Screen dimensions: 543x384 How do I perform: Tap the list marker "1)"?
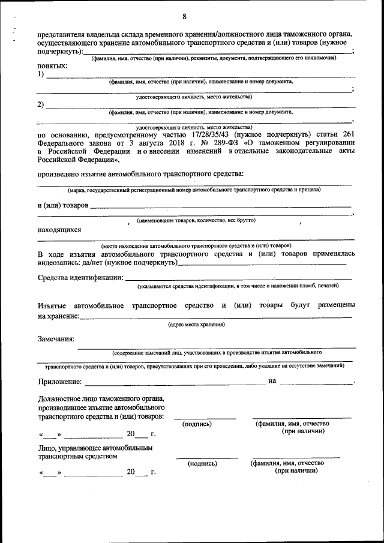coord(41,74)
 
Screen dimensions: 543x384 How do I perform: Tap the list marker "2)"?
coord(41,105)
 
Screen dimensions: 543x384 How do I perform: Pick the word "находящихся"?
coord(59,229)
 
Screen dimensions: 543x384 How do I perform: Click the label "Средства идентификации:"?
coord(80,278)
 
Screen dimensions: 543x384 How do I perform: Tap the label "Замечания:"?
coord(56,339)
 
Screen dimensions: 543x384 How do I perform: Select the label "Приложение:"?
coord(59,381)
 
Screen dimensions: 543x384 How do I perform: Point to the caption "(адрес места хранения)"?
coord(196,325)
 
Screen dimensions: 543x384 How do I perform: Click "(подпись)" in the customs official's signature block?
coord(197,424)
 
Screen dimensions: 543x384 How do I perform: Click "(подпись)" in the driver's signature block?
coord(203,464)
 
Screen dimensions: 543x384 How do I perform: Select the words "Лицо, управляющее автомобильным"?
coord(95,448)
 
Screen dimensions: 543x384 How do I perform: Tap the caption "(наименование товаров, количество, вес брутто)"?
coord(196,221)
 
